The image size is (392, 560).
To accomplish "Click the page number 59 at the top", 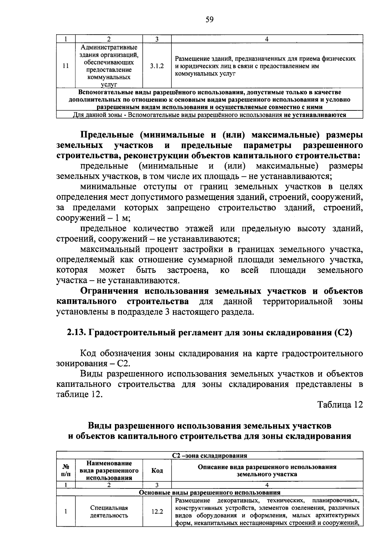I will click(209, 20).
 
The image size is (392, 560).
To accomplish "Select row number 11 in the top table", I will click(66, 66).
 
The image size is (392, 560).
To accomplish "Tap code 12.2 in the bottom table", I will click(157, 512).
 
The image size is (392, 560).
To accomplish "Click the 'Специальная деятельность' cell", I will click(109, 512).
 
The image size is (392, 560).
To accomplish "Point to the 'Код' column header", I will click(157, 470).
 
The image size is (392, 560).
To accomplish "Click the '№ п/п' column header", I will click(66, 470).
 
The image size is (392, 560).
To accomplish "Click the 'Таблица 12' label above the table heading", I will click(340, 405).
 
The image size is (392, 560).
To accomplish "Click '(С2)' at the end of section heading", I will click(343, 333).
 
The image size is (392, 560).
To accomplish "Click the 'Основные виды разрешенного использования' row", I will click(209, 492).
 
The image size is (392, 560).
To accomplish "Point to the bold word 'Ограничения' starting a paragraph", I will click(110, 291).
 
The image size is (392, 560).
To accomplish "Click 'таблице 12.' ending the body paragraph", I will click(79, 394).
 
